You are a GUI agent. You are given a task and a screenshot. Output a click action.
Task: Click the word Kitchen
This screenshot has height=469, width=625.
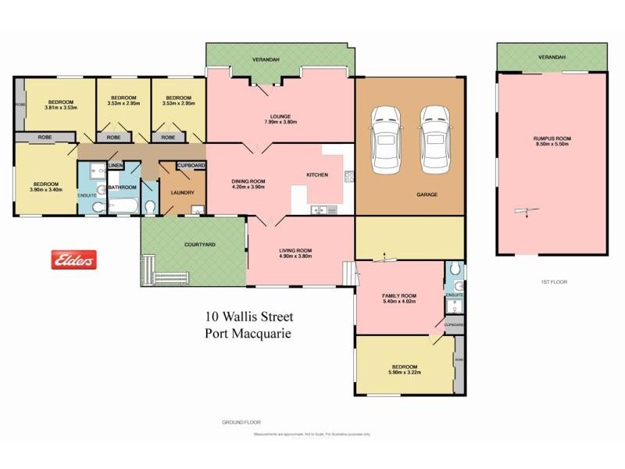(x=316, y=174)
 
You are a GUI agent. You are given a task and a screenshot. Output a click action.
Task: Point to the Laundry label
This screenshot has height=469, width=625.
(x=182, y=192)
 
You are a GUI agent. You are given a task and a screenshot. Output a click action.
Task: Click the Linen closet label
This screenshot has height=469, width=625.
(x=116, y=166)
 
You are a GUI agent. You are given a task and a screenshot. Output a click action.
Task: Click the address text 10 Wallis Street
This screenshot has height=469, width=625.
(x=245, y=317)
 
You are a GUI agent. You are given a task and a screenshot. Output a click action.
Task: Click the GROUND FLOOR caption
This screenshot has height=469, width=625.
(x=237, y=422)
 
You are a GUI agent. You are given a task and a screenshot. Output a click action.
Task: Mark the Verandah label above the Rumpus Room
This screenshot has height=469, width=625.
(x=552, y=57)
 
